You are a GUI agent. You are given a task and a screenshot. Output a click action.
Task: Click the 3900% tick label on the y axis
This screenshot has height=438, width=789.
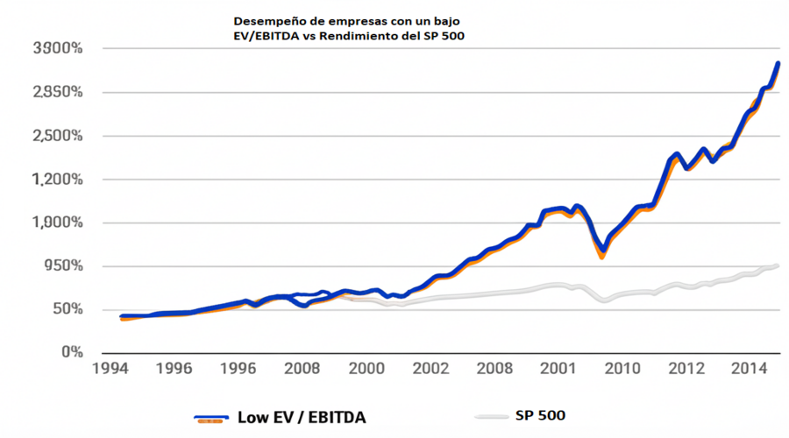[56, 49]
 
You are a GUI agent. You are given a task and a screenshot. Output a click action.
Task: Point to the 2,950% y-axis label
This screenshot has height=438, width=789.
[56, 92]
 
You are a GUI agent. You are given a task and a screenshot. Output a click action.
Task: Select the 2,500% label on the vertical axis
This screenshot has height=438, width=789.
[56, 136]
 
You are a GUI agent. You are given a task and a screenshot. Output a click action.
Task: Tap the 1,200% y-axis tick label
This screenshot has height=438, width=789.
[56, 179]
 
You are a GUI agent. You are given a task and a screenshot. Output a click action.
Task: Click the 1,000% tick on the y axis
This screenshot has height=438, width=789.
[56, 223]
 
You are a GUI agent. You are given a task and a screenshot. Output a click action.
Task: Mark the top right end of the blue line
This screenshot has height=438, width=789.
[778, 63]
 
